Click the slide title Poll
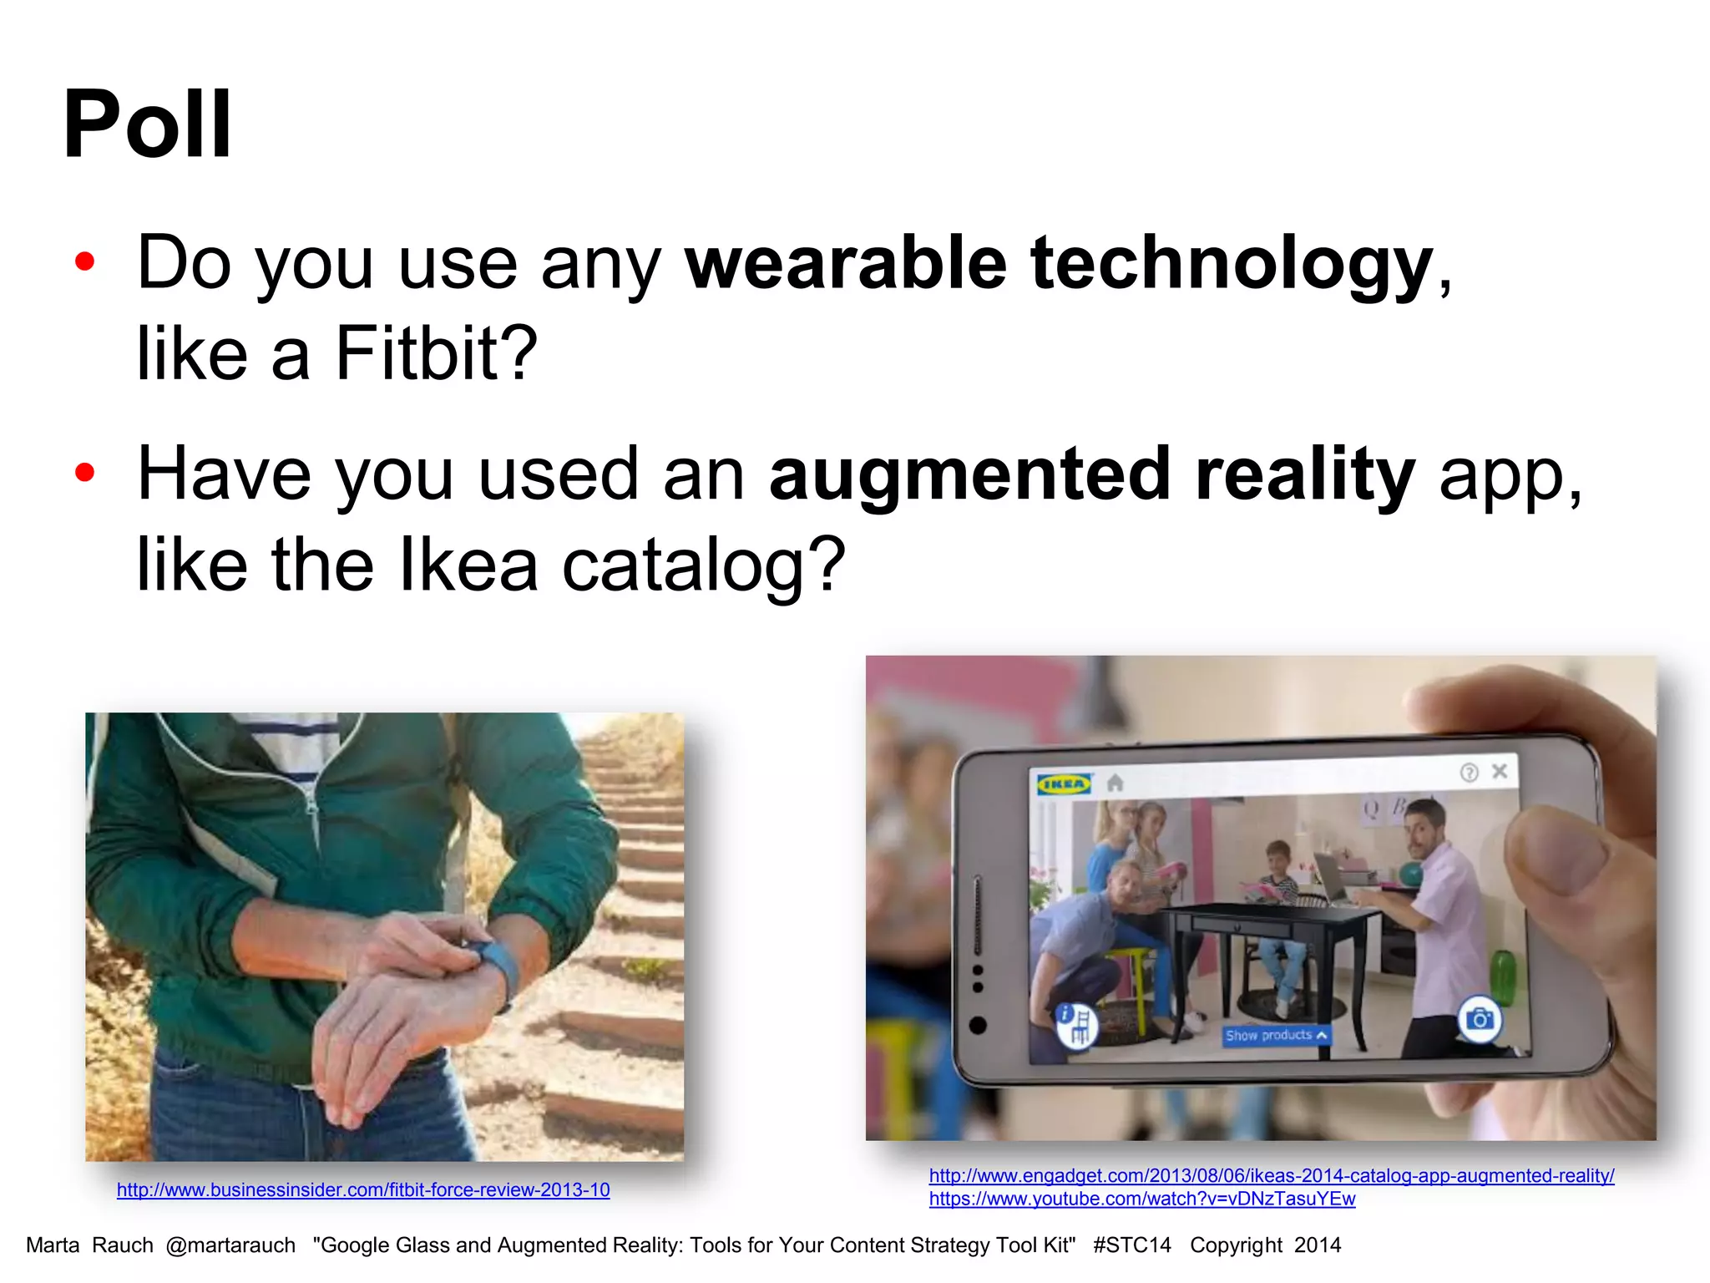coord(147,125)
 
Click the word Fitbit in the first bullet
coord(435,353)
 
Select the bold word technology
coord(1232,264)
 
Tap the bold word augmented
coord(969,475)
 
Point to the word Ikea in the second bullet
coord(468,565)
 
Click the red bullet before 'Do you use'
coord(85,262)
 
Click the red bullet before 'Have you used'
coord(85,474)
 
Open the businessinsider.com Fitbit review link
coord(363,1189)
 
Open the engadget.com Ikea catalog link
coord(1271,1175)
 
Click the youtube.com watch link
coord(1141,1199)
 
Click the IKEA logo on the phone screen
coord(1064,783)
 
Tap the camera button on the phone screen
coord(1480,1018)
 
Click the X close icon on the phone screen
coord(1500,771)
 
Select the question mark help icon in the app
coord(1469,773)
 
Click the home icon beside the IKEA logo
coord(1115,783)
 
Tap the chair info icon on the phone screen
coord(1076,1023)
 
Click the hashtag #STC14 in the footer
coord(1131,1245)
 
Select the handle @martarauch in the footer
coord(230,1245)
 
